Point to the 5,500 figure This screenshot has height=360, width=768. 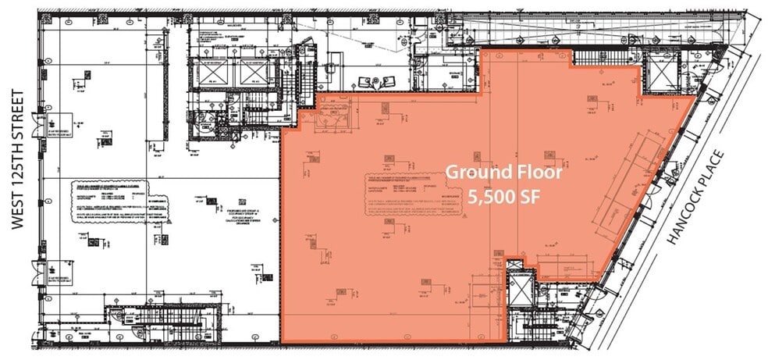489,198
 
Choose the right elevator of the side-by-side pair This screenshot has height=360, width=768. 254,73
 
